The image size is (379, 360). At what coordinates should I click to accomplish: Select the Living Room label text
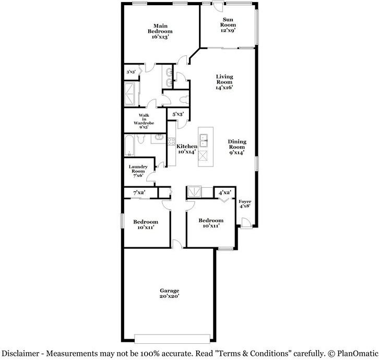224,82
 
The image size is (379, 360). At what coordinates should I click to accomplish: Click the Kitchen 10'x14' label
186,149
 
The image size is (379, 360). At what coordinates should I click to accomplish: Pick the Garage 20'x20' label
169,293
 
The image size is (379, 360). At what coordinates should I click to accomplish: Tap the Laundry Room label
139,171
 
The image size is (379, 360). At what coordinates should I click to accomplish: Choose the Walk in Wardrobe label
144,121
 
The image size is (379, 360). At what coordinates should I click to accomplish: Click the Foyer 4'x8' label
244,204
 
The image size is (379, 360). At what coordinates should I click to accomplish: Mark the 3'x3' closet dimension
131,73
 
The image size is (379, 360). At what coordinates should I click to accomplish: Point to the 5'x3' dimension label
178,113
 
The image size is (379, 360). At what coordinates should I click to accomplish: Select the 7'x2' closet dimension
139,193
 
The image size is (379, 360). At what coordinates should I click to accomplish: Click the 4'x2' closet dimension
224,193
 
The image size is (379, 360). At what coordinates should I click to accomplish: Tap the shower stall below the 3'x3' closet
131,94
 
